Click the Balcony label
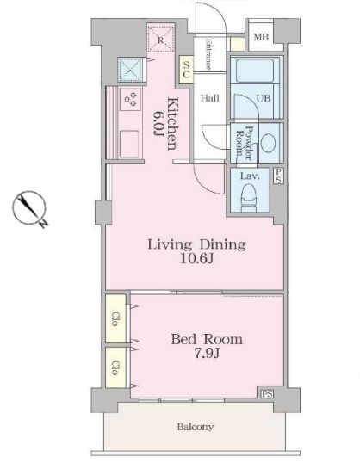point(196,427)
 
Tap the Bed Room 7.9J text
point(207,346)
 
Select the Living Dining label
point(196,244)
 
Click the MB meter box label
point(261,38)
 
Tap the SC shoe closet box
point(186,70)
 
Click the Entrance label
point(208,54)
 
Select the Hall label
point(210,98)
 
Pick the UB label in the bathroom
point(264,98)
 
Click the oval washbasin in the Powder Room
point(268,144)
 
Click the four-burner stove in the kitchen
point(130,99)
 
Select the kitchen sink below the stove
point(129,144)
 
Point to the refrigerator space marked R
point(161,38)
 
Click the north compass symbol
point(30,209)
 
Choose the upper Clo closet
point(116,318)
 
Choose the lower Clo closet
point(116,367)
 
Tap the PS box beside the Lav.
point(278,176)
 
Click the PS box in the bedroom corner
point(267,394)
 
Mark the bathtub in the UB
point(255,71)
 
